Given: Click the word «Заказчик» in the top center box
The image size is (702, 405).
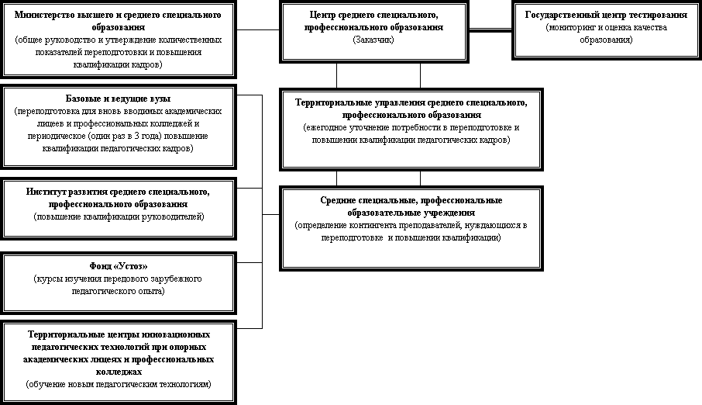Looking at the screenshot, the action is [373, 40].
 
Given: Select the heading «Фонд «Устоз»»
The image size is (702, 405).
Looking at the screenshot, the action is [119, 266].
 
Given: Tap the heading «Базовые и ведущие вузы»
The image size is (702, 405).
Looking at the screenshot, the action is [119, 99].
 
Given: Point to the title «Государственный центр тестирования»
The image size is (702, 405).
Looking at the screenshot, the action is [606, 15].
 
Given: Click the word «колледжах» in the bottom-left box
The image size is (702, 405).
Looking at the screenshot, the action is [119, 372].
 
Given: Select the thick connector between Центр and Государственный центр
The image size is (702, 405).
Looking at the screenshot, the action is [490, 30].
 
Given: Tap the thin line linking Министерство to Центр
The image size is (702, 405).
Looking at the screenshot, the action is [258, 30].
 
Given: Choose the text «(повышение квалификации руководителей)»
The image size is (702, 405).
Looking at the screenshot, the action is [119, 217].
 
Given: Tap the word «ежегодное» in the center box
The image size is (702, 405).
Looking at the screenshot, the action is [325, 128].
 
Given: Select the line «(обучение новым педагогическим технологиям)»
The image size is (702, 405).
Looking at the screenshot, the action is [119, 384].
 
